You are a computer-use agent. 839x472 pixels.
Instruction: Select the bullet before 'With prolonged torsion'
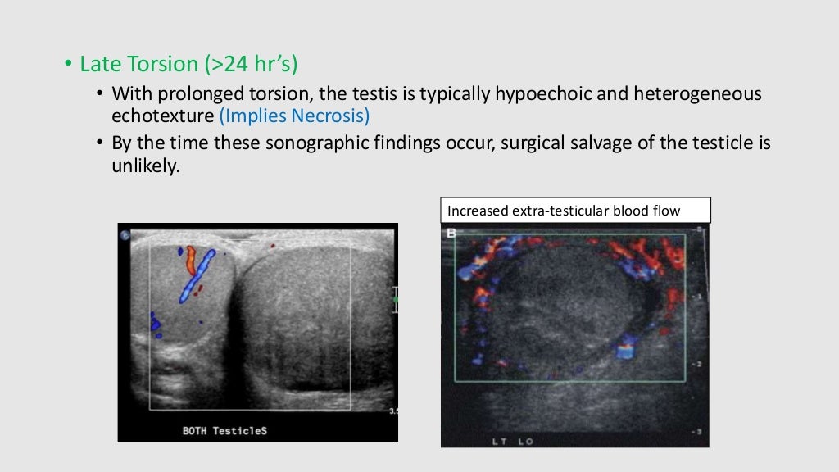click(100, 94)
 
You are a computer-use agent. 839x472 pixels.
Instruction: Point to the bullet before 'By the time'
click(100, 143)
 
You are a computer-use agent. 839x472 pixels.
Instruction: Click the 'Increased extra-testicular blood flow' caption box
click(575, 211)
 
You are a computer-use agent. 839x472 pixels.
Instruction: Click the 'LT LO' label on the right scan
click(513, 441)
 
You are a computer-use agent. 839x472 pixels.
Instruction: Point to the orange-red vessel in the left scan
click(189, 259)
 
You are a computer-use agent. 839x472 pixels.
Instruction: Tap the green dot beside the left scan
click(396, 300)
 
